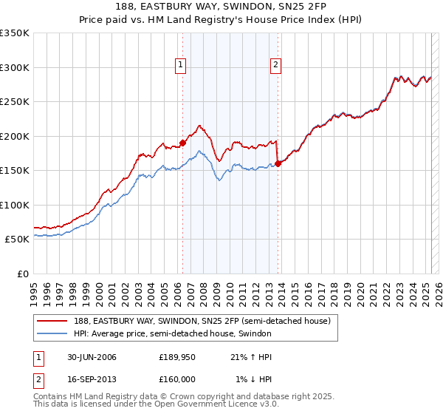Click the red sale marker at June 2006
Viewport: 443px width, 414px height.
coord(183,143)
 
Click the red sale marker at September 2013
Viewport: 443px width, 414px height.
coord(278,163)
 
